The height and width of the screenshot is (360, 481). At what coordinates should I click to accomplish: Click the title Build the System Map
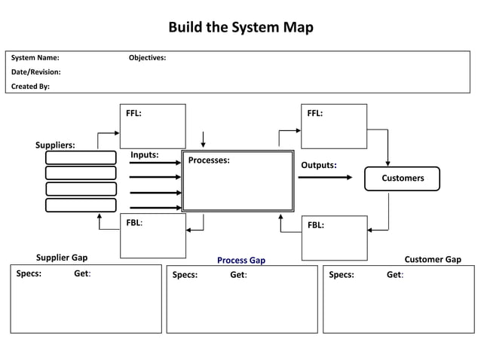click(x=240, y=28)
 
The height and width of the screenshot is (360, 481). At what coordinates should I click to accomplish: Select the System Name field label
click(x=35, y=58)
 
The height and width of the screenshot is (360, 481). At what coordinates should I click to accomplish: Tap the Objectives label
click(x=148, y=58)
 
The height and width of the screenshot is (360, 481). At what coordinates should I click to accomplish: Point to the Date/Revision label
click(x=36, y=72)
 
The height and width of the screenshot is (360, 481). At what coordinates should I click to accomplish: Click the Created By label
click(x=30, y=87)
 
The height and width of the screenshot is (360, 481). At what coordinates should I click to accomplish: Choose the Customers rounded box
click(x=402, y=178)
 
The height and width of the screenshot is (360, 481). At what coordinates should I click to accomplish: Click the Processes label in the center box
click(x=209, y=160)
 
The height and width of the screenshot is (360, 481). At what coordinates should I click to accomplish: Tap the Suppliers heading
click(x=55, y=145)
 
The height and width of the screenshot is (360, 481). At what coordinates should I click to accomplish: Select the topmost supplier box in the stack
click(x=81, y=157)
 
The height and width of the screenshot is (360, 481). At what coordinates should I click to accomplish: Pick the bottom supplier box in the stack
click(x=81, y=205)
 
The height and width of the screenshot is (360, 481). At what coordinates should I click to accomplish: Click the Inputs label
click(x=144, y=155)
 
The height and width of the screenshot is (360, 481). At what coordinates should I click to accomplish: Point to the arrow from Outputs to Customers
click(x=325, y=178)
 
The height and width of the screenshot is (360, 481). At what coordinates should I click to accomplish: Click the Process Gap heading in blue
click(x=241, y=261)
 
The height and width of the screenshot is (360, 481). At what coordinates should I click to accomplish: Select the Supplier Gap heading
click(x=62, y=258)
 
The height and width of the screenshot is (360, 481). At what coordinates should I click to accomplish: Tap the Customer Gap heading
click(x=433, y=260)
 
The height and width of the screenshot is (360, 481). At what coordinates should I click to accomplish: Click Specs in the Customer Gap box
click(x=341, y=275)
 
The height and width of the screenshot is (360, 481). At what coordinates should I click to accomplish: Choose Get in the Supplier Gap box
click(x=82, y=274)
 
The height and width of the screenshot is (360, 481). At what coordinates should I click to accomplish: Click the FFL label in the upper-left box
click(x=133, y=114)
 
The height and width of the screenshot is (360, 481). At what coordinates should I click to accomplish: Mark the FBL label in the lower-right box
click(x=315, y=224)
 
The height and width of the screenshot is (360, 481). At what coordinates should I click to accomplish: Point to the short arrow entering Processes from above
click(x=203, y=140)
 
